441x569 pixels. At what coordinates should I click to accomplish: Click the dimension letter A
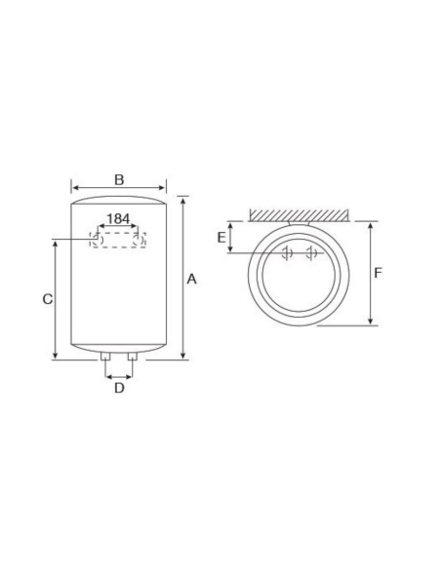click(x=192, y=279)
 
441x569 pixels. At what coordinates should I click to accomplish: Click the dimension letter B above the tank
click(x=118, y=179)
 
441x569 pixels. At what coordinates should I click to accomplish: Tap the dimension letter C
click(x=46, y=299)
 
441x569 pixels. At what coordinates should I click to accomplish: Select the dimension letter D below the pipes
click(x=119, y=389)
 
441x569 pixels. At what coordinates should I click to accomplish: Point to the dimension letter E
click(x=221, y=237)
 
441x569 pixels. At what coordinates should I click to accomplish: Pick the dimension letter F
click(x=379, y=273)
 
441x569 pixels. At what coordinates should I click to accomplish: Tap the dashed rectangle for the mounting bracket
click(x=118, y=239)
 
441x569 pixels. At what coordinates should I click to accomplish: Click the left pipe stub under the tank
click(x=105, y=363)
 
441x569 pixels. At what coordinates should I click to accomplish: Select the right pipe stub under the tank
click(x=132, y=363)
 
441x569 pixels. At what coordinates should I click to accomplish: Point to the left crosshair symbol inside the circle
click(x=286, y=253)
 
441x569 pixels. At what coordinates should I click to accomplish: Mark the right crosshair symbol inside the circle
click(x=309, y=253)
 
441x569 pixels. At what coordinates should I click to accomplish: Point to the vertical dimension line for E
click(x=230, y=237)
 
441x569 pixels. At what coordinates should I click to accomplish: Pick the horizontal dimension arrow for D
click(x=119, y=375)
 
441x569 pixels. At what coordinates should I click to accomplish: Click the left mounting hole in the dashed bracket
click(x=97, y=238)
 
